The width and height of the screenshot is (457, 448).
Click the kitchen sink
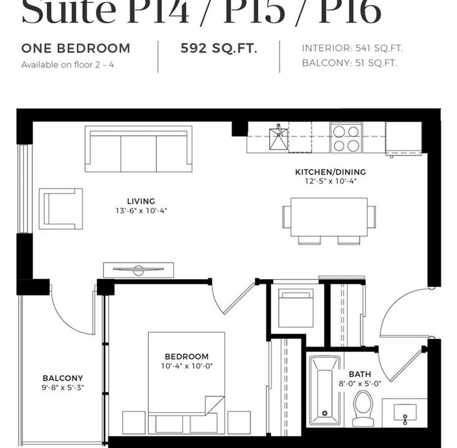point(278,138)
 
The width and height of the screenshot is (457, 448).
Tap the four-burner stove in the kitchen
point(346,138)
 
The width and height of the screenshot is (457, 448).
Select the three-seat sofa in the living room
point(138,149)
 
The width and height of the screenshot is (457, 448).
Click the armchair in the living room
point(60,208)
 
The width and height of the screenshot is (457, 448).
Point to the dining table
point(329,217)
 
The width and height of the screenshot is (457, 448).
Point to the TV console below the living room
point(138,270)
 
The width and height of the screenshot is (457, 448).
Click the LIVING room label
point(141,201)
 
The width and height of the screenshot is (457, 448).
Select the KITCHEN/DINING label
point(331,172)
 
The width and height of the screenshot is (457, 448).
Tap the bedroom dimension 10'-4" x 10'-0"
point(187,366)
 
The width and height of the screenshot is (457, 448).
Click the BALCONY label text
point(63,378)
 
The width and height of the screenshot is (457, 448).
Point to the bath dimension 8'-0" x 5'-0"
point(360,384)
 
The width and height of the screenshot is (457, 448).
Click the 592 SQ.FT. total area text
point(219,49)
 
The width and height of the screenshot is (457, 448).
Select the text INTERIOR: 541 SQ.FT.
point(352,49)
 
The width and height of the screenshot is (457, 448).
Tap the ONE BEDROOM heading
point(76,49)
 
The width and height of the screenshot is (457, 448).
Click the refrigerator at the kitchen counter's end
point(403,138)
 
